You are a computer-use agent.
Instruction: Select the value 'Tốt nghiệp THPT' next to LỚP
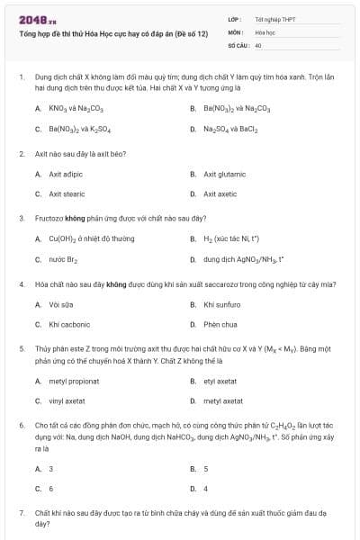point(275,19)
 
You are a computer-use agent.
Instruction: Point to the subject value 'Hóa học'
point(265,31)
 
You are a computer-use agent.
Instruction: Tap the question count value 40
point(258,44)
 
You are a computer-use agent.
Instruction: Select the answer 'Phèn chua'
point(220,324)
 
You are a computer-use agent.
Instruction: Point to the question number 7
point(21,511)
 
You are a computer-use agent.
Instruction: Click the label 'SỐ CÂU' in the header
point(238,44)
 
